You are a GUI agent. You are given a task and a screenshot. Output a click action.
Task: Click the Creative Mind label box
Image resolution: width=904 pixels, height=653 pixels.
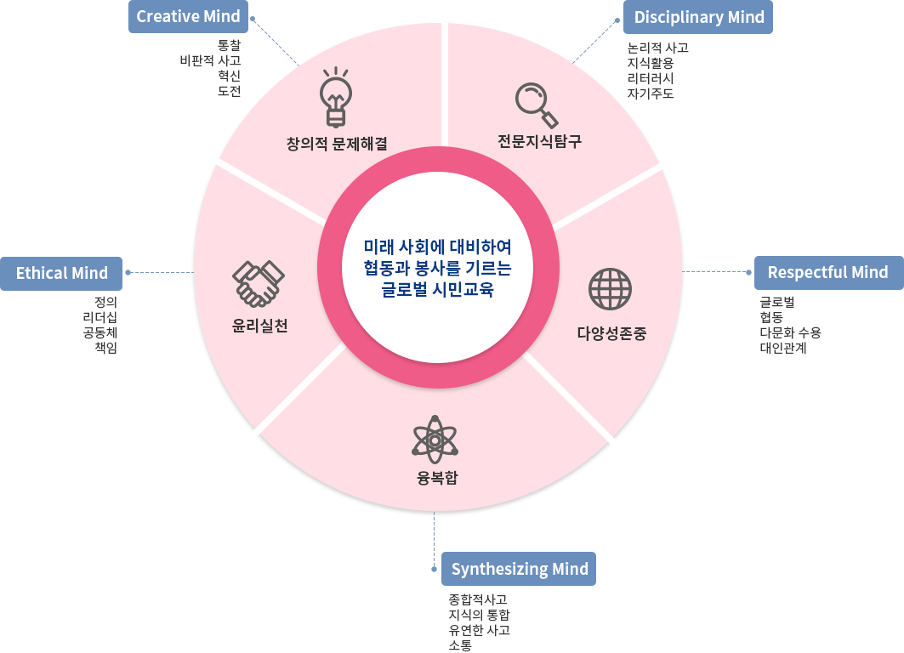(188, 16)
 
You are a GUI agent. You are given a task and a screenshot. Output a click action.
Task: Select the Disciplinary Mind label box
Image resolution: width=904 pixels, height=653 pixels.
(698, 17)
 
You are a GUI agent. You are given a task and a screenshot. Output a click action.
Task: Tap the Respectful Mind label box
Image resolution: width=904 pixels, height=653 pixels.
(827, 272)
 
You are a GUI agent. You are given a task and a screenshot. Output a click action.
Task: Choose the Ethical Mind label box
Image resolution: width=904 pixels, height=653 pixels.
(61, 273)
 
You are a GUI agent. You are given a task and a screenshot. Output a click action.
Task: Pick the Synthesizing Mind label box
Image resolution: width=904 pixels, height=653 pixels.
(519, 569)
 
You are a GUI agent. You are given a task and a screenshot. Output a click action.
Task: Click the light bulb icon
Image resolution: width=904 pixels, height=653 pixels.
(336, 96)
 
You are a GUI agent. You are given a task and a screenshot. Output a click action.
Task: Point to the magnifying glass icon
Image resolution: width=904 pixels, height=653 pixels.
(537, 104)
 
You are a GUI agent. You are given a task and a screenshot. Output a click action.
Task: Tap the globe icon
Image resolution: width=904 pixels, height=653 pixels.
(610, 289)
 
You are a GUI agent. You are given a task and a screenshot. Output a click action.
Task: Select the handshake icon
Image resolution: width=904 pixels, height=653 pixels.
(258, 283)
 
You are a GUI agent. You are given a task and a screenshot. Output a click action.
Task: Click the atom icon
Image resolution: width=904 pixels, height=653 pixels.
(435, 439)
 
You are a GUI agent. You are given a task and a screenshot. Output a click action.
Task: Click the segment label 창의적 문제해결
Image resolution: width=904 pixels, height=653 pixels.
(337, 144)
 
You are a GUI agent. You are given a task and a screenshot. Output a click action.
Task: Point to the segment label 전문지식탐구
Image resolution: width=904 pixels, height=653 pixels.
(539, 141)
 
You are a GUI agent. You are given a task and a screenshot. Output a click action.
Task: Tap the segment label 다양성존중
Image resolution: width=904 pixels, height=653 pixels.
(611, 333)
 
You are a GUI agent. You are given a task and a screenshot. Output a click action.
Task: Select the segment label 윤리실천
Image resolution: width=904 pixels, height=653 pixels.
(260, 326)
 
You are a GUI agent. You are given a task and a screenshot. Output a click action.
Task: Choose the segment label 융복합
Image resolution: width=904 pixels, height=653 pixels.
(437, 477)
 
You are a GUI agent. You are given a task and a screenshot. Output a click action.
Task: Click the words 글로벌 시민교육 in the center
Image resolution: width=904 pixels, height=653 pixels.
(437, 289)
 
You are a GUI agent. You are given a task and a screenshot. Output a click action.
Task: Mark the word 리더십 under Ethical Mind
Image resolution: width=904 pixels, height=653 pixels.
(99, 316)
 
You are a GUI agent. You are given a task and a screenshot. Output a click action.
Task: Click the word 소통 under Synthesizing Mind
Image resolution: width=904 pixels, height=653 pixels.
(460, 645)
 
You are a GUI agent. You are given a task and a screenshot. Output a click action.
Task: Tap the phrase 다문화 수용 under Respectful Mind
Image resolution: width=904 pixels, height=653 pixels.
(790, 332)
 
